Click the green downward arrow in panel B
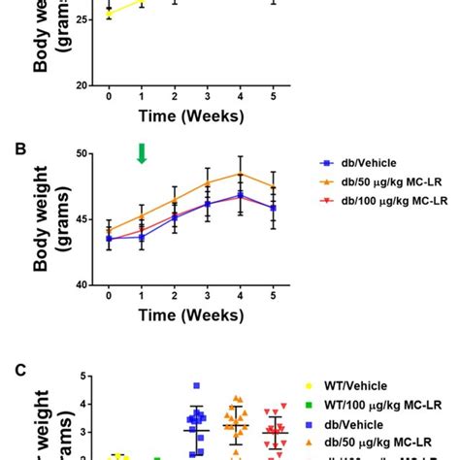(x=142, y=153)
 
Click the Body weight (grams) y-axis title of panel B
(x=50, y=219)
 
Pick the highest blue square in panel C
(x=196, y=385)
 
